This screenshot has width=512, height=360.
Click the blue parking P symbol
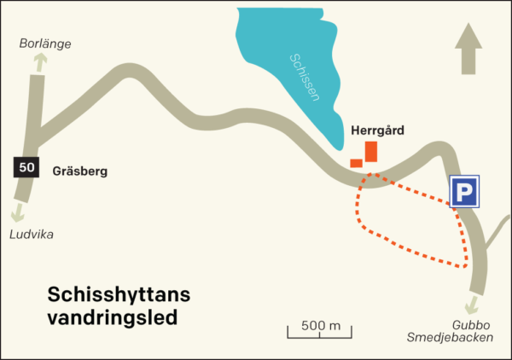(464, 192)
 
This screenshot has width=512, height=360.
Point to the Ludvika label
(31, 235)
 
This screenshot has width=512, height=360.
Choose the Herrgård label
(377, 131)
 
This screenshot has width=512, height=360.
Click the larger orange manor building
(370, 151)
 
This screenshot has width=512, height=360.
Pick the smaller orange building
(356, 163)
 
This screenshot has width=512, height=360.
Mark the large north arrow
(468, 49)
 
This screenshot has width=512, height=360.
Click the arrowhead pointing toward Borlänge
(39, 61)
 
